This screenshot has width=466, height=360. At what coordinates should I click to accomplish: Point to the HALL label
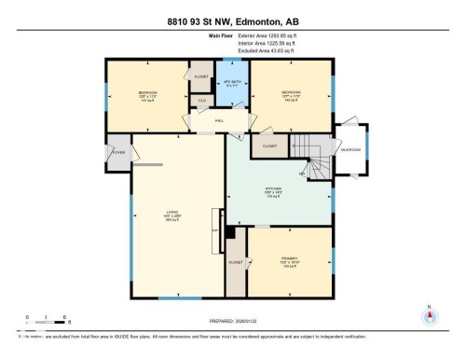[219, 120]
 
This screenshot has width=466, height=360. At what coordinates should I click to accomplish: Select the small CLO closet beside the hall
[201, 100]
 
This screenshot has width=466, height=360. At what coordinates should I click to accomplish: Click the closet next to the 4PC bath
[200, 73]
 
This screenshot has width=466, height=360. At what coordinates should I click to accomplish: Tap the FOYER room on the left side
[118, 152]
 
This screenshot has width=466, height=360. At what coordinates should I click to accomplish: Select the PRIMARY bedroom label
[289, 262]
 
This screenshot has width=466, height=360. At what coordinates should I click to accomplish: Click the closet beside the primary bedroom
[236, 263]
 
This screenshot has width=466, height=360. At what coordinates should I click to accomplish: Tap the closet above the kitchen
[269, 145]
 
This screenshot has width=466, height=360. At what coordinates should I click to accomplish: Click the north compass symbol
[429, 314]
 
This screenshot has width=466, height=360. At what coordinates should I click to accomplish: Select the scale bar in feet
[44, 319]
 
